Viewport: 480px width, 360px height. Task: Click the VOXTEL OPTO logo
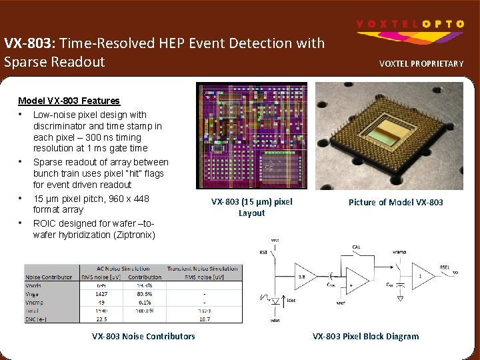[410, 24]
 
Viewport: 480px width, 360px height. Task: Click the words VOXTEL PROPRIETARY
[421, 64]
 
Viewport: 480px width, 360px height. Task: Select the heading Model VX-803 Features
[69, 101]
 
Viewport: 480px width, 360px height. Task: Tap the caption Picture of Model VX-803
[395, 202]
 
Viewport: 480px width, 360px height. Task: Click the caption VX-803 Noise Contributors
[143, 336]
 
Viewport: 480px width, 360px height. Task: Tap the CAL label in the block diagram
[357, 247]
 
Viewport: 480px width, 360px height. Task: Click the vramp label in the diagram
[400, 253]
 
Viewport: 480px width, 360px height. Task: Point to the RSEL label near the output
[444, 267]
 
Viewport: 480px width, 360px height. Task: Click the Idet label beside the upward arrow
[291, 301]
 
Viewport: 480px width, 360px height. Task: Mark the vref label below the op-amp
[340, 302]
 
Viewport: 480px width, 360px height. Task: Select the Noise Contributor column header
[49, 277]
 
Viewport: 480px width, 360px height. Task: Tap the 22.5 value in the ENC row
[101, 319]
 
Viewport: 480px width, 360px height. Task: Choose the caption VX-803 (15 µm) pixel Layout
[251, 207]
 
